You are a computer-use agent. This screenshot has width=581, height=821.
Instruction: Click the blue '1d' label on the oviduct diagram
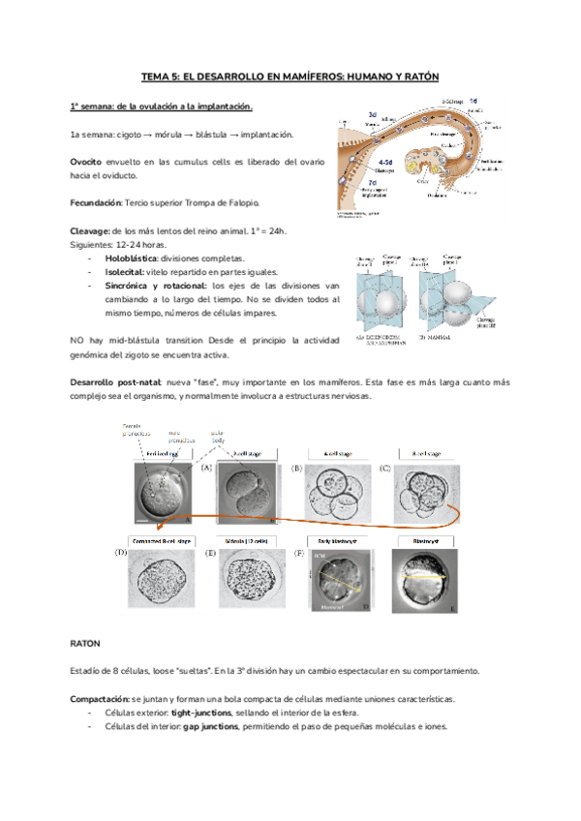[x=472, y=101]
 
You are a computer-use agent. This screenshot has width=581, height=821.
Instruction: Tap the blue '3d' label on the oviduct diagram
[x=372, y=115]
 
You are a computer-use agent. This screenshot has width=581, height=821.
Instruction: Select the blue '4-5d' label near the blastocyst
[x=386, y=163]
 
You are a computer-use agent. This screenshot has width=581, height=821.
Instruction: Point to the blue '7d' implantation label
[x=373, y=182]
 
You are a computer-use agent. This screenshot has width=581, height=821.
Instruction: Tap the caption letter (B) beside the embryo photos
[x=297, y=469]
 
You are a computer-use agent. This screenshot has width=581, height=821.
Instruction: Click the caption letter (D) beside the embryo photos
[x=121, y=553]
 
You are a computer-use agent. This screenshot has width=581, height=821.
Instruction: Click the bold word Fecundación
[x=95, y=202]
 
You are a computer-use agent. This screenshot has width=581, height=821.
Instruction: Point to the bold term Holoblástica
[x=130, y=258]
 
